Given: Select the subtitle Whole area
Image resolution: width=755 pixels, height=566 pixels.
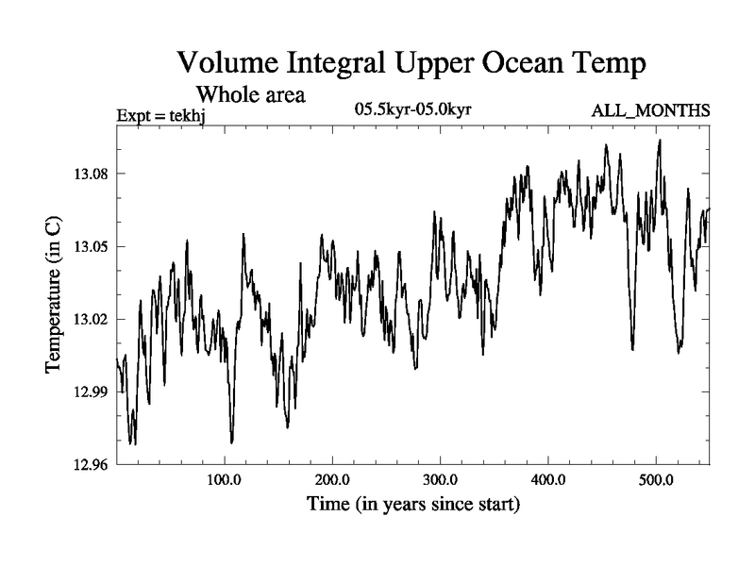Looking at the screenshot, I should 249,94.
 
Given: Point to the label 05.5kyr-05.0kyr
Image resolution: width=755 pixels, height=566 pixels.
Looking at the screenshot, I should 412,110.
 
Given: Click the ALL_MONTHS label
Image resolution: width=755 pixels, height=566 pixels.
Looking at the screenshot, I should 650,111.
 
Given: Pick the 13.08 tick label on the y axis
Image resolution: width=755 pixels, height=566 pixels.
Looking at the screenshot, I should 91,175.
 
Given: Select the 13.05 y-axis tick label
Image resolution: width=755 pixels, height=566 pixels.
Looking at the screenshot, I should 91,247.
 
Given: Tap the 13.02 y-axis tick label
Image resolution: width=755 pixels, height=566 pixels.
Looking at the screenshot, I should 91,320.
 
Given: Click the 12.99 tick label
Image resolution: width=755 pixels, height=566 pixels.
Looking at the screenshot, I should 91,392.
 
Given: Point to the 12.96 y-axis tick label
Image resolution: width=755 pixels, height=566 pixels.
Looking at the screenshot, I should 91,465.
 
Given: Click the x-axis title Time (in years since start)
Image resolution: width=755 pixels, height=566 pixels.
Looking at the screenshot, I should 412,506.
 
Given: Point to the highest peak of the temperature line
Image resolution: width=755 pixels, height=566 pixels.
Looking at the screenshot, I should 660,141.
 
